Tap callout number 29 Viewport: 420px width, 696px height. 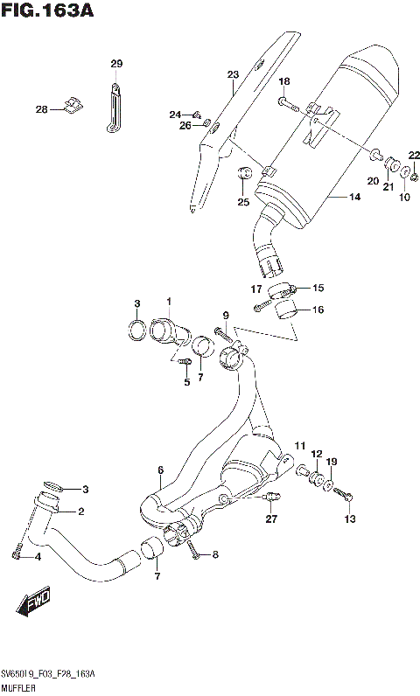pyautogui.click(x=116, y=64)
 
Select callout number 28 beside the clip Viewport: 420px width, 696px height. pyautogui.click(x=41, y=110)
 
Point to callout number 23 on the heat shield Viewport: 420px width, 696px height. pyautogui.click(x=233, y=74)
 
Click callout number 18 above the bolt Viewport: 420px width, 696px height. pyautogui.click(x=283, y=82)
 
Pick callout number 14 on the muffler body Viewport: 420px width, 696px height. pyautogui.click(x=354, y=198)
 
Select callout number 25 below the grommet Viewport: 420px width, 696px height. pyautogui.click(x=243, y=203)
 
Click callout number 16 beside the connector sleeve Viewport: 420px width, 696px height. pyautogui.click(x=318, y=310)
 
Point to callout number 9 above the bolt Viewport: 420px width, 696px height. pyautogui.click(x=225, y=316)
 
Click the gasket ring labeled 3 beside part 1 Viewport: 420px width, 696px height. pyautogui.click(x=137, y=331)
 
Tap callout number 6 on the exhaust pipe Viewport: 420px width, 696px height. pyautogui.click(x=160, y=470)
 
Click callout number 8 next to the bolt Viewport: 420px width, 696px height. pyautogui.click(x=215, y=555)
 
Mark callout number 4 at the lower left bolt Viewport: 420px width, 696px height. pyautogui.click(x=37, y=556)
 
